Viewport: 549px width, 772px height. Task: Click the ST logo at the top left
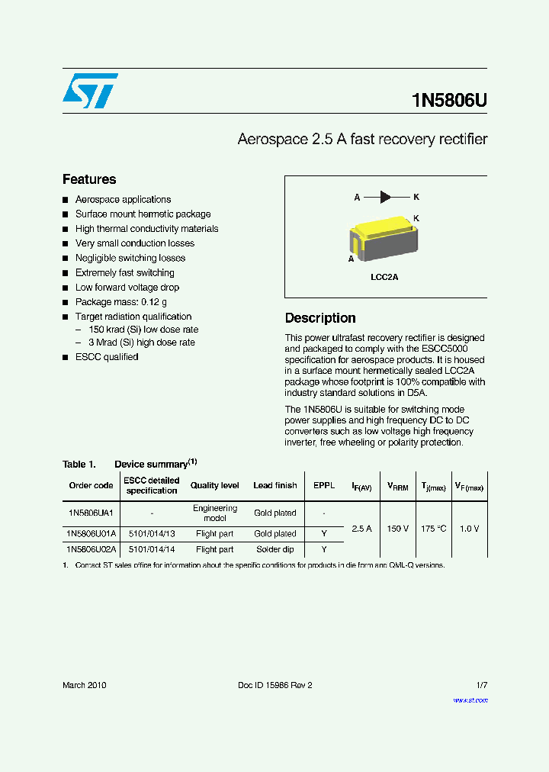90,91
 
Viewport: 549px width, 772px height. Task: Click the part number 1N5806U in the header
448,101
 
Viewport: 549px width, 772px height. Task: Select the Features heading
89,179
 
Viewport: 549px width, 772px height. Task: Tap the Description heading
320,318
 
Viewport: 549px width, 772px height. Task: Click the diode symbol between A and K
386,198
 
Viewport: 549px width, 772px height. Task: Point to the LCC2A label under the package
384,277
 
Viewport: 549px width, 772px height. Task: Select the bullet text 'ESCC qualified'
107,357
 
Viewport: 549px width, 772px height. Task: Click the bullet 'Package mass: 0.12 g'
120,302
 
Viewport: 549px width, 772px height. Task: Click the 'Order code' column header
91,485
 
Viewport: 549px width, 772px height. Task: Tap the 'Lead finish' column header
275,485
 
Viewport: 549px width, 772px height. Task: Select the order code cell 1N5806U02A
91,549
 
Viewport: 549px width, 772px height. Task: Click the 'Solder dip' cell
275,549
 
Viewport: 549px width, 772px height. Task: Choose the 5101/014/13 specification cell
152,534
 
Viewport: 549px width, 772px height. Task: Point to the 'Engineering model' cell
215,513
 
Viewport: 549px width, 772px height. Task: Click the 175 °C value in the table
433,529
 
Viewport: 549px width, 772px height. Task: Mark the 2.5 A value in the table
361,529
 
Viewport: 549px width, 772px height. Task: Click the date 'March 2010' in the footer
84,685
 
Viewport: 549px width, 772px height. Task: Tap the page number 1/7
481,685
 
